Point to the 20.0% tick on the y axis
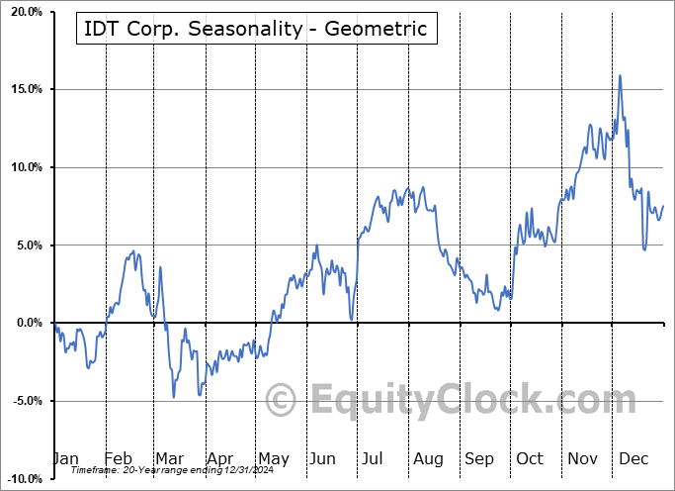point(25,12)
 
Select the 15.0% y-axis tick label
point(25,90)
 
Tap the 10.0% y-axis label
point(25,167)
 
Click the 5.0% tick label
point(28,245)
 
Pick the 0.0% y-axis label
point(28,323)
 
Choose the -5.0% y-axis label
point(26,401)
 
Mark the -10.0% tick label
point(23,478)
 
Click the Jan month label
point(65,459)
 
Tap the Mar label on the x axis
point(170,459)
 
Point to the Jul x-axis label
point(374,459)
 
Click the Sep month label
point(479,459)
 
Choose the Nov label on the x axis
point(582,459)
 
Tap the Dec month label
point(633,459)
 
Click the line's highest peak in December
point(620,75)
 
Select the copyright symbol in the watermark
point(283,400)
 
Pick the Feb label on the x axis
point(118,459)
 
